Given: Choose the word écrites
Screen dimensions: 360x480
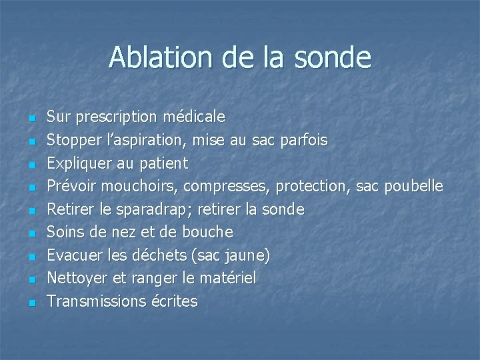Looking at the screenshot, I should tap(174, 301).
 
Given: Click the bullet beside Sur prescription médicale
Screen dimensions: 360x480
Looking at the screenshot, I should tap(31, 118).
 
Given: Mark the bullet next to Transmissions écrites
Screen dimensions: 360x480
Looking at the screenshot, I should tap(31, 303).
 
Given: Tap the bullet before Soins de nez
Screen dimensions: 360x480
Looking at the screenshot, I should tap(31, 233).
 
